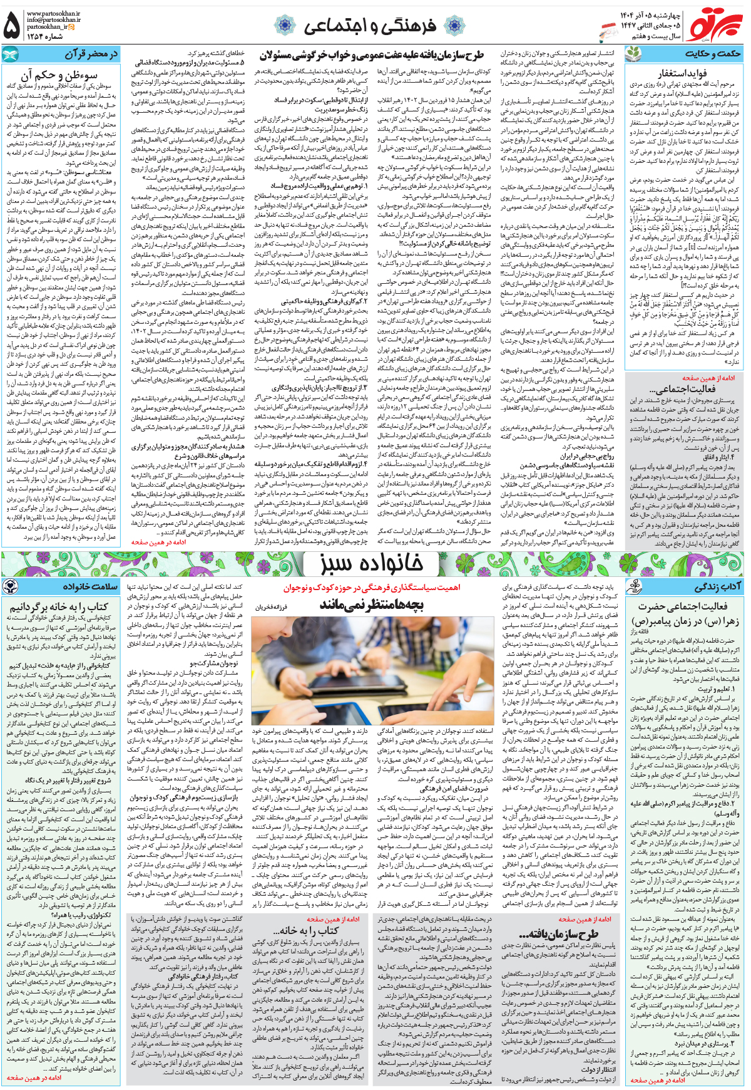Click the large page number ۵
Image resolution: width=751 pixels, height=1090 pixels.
12,25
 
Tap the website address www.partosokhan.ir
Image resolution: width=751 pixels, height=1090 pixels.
53,13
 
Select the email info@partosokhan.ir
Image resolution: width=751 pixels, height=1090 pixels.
53,20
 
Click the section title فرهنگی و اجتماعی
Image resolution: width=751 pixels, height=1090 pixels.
369,26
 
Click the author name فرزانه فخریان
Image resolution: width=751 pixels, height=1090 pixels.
271,607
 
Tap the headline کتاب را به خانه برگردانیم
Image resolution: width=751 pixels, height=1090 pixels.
59,606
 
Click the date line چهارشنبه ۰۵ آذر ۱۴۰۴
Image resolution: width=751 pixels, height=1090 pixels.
651,14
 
